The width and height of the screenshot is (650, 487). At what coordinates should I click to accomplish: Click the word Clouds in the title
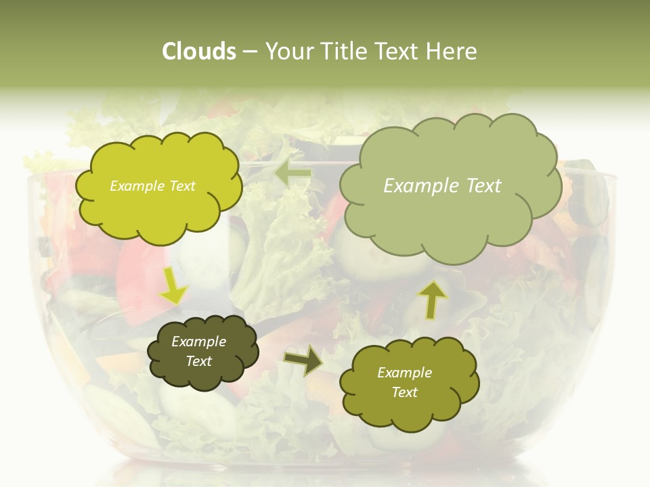pos(198,51)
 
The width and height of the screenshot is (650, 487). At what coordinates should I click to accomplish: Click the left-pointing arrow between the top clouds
pos(293,175)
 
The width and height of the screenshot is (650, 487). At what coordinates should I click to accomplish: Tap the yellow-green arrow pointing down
pos(173,285)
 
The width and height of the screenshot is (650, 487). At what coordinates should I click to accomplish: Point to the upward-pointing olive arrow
pos(433,298)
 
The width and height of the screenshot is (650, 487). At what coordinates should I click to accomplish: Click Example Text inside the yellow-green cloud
pos(152,186)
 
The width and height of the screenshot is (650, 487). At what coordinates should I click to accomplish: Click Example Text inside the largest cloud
pos(442,186)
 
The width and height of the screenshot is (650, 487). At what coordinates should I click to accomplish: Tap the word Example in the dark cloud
pos(198,342)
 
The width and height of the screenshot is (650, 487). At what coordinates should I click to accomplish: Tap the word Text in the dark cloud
pos(198,361)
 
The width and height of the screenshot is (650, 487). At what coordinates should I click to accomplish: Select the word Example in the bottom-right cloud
pos(404,373)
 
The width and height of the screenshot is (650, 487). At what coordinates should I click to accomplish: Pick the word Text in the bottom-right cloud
pos(404,392)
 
